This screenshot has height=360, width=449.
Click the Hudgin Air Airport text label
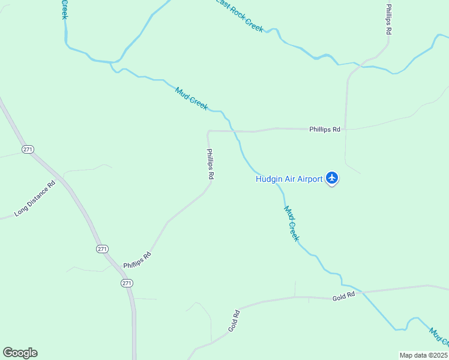pyautogui.click(x=289, y=178)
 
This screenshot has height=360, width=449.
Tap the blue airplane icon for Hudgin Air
pyautogui.click(x=332, y=178)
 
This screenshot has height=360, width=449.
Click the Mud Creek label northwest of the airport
pyautogui.click(x=191, y=99)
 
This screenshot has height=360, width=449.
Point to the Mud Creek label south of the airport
pyautogui.click(x=291, y=223)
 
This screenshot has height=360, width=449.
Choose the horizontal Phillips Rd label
pyautogui.click(x=325, y=129)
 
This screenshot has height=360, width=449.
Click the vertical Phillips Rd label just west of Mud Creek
pyautogui.click(x=210, y=164)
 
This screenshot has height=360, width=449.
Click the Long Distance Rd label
pyautogui.click(x=35, y=199)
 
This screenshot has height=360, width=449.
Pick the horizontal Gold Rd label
pyautogui.click(x=343, y=296)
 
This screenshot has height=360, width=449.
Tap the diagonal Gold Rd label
pyautogui.click(x=234, y=321)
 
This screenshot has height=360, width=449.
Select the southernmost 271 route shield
pyautogui.click(x=126, y=283)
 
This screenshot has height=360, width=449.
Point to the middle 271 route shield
pyautogui.click(x=103, y=248)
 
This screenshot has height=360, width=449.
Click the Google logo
pyautogui.click(x=20, y=353)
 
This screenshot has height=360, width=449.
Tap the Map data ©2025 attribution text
pyautogui.click(x=423, y=355)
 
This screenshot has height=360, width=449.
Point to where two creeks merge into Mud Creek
pyautogui.click(x=112, y=62)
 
